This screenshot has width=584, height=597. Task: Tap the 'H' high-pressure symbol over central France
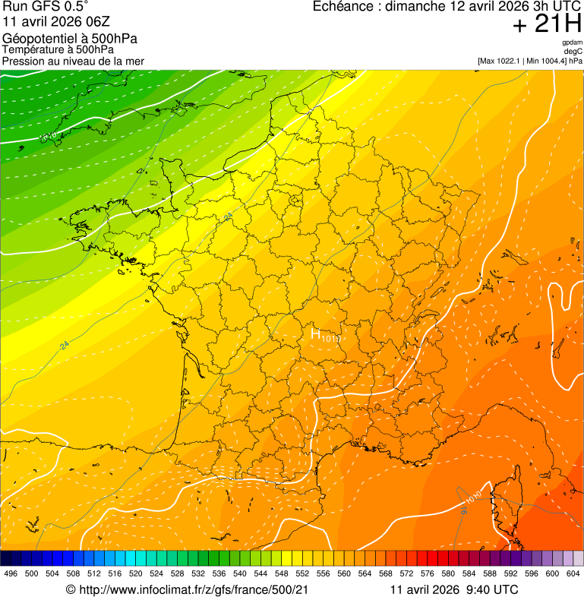click(316, 333)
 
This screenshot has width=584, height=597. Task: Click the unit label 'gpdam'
click(572, 43)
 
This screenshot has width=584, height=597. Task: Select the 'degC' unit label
click(573, 51)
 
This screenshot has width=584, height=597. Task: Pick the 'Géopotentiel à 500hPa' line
click(70, 39)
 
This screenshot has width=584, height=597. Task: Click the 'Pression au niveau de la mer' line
click(73, 61)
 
